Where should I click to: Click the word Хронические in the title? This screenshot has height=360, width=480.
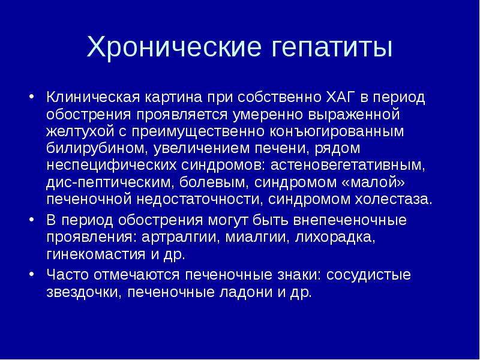coord(174,47)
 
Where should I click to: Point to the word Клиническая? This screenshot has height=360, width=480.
coord(93,97)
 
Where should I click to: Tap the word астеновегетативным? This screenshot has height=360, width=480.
coord(348,166)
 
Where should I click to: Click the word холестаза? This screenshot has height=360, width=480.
coord(394,200)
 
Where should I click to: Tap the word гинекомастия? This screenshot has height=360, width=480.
coord(96,254)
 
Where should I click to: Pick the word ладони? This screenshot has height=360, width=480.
coord(246,293)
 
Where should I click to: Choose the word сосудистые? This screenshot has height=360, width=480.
coord(368,275)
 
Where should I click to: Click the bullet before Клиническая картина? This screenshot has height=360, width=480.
coord(31,97)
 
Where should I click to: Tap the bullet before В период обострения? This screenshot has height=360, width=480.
coord(31,220)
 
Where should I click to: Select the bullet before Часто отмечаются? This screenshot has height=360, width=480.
coord(31,274)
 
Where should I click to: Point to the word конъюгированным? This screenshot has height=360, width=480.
coord(337,131)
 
